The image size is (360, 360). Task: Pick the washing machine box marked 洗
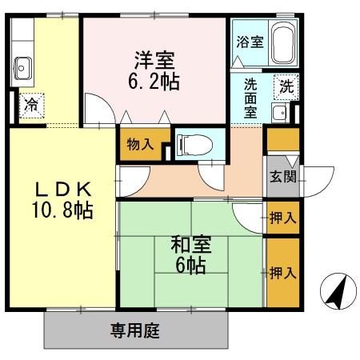click(285, 87)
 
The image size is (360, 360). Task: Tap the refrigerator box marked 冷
click(30, 103)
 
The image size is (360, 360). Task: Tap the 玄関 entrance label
click(282, 177)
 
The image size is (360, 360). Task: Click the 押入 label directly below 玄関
click(282, 217)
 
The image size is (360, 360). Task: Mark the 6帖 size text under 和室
click(190, 266)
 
